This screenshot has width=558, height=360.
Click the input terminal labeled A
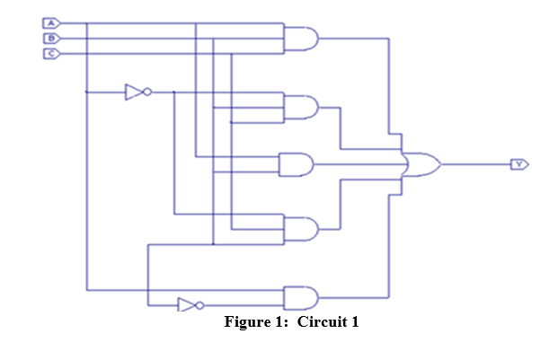(x=52, y=22)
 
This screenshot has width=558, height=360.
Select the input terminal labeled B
(x=52, y=38)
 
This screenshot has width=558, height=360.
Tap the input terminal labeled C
(x=52, y=54)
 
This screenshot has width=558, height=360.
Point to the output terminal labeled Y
(x=520, y=164)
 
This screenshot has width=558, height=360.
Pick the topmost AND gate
(x=300, y=38)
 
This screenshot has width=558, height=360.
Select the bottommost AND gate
(x=299, y=297)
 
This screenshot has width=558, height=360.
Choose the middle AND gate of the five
(x=297, y=164)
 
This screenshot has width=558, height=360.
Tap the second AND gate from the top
(x=300, y=107)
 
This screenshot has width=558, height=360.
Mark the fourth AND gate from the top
(x=299, y=229)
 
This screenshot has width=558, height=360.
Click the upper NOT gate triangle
(x=134, y=92)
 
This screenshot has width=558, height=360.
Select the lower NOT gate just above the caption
(x=186, y=305)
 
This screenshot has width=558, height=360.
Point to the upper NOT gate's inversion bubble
(x=147, y=92)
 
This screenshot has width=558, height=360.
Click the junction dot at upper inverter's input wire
(x=86, y=92)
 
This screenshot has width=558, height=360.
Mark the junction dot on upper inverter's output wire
(x=173, y=92)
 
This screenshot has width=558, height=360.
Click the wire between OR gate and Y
(x=476, y=164)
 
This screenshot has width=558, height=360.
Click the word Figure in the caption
(x=247, y=323)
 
